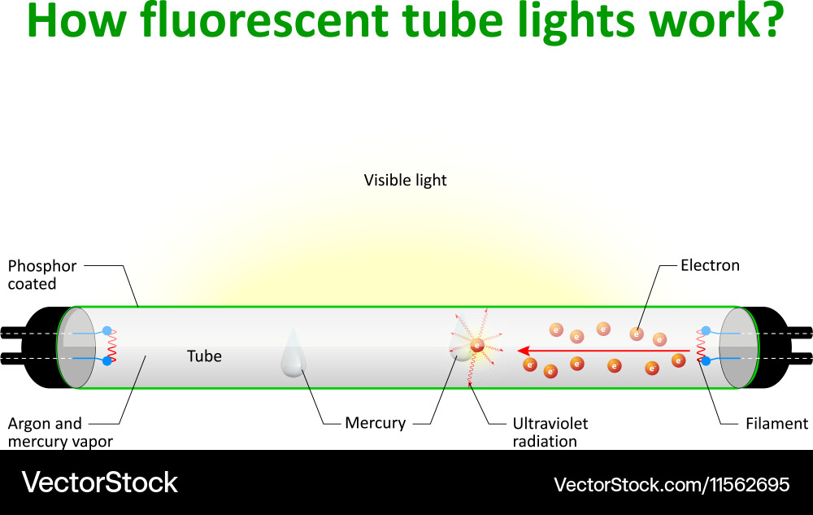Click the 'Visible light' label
405,180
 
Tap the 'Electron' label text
710,265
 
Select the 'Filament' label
776,423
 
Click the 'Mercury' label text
375,423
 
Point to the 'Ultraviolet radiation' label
550,432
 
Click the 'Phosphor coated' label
41,274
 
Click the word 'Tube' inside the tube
204,356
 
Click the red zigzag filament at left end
113,346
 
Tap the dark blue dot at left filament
107,360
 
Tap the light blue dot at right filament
706,330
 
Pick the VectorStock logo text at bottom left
99,482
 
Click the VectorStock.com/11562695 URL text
672,485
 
